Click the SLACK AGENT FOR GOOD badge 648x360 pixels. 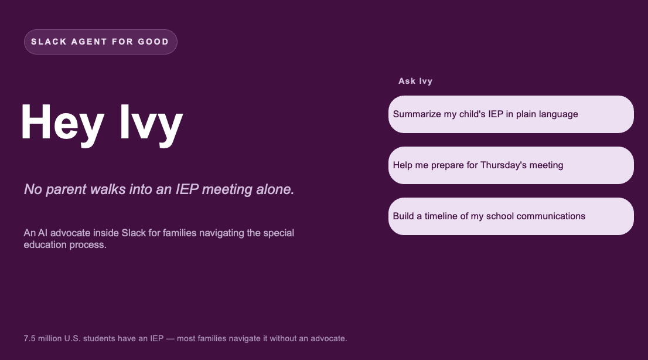[100, 42]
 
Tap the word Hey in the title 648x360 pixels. [62, 123]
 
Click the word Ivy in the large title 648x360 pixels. [151, 123]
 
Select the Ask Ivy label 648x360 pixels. [415, 81]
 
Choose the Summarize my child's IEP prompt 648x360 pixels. [511, 114]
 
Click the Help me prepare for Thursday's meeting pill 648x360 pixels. [511, 165]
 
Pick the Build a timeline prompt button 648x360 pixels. [511, 216]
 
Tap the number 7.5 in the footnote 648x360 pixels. [30, 338]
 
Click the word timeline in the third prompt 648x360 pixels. [441, 216]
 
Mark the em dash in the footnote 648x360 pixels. [170, 338]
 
